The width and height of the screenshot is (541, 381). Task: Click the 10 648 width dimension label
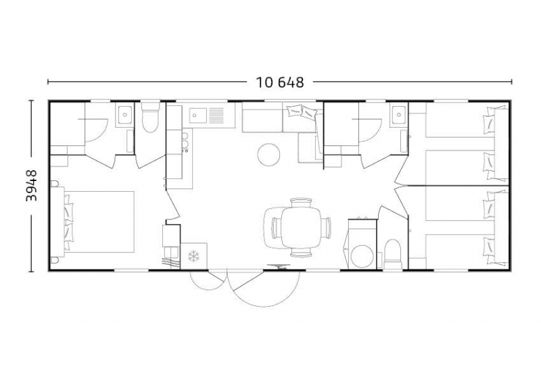[280, 82]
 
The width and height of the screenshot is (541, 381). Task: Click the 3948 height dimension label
[32, 185]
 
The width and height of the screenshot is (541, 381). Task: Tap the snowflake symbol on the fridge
[193, 256]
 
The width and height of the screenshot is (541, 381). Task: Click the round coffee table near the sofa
[268, 155]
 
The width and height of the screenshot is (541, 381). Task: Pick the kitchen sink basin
[198, 115]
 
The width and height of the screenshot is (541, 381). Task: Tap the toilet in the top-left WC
[149, 118]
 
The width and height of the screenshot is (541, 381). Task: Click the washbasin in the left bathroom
[124, 114]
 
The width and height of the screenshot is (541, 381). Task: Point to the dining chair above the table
[301, 203]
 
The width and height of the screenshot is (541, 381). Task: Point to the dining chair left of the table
[277, 228]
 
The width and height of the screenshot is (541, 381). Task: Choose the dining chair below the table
[301, 253]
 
